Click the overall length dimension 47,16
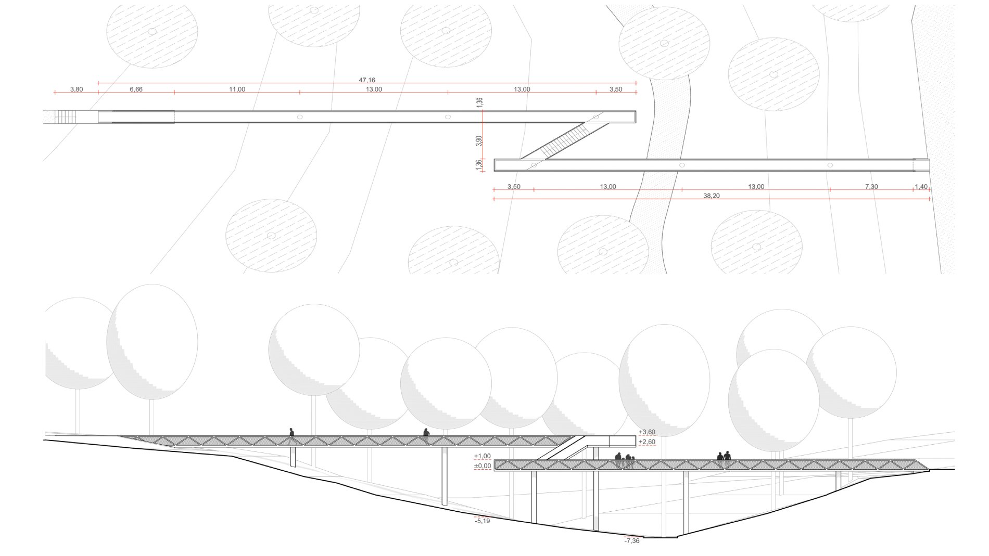point(367,80)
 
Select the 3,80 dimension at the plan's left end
point(76,89)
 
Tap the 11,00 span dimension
point(237,89)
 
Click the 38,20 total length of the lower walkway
point(712,196)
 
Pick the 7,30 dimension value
point(871,186)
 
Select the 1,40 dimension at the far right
point(921,186)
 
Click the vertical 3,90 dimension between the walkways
point(479,141)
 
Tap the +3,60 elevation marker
point(646,432)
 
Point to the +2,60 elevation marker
point(646,442)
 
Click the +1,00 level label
point(482,456)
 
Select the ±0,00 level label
point(482,466)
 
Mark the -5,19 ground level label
point(482,521)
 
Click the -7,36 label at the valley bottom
point(631,541)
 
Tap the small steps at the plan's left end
point(66,117)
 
